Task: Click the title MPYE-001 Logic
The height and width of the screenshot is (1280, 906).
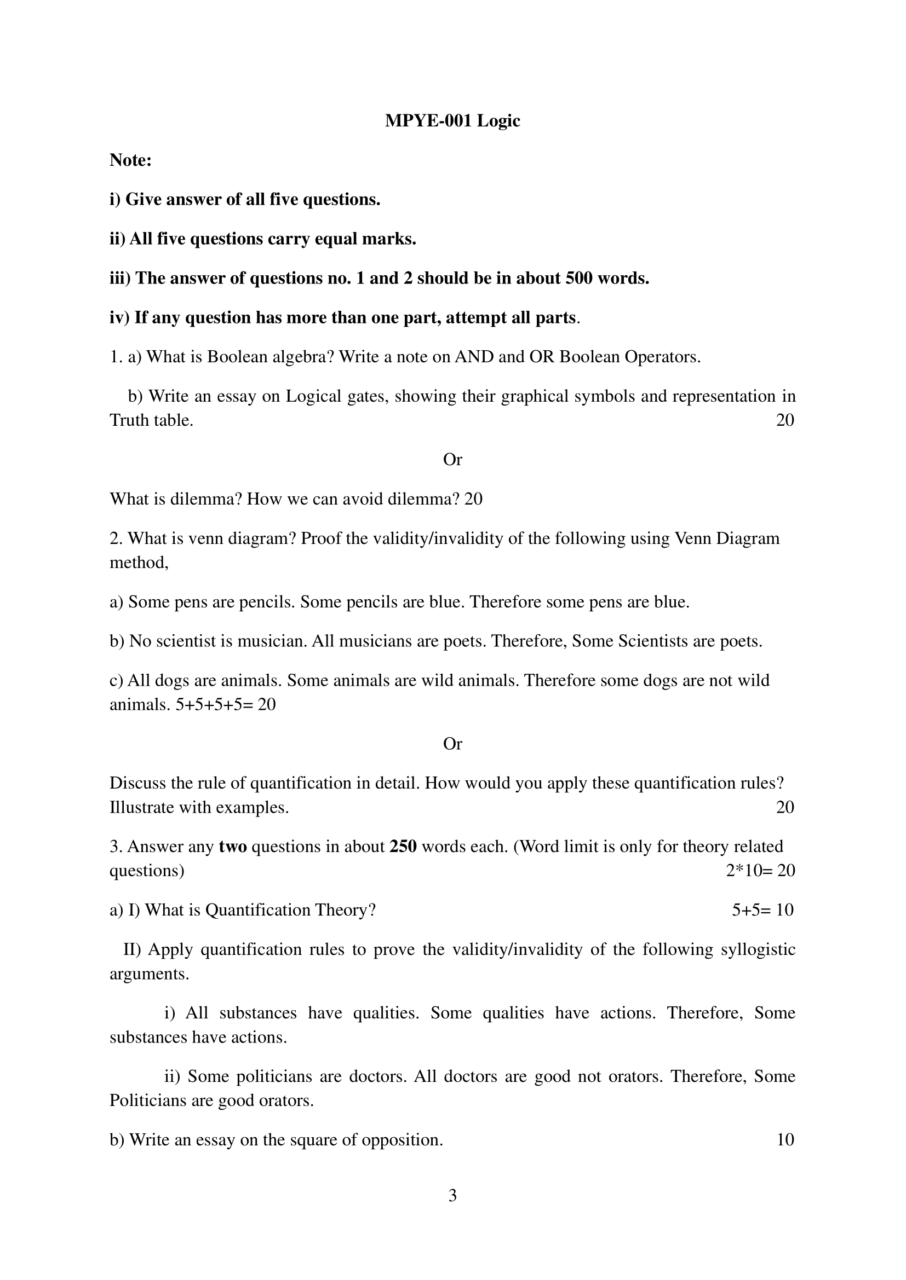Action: (452, 121)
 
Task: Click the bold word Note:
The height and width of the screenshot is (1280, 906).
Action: (130, 160)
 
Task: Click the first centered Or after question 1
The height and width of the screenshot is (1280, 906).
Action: (452, 460)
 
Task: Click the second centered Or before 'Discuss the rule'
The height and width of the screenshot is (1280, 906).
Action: (452, 744)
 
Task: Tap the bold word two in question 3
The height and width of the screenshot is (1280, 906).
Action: (233, 847)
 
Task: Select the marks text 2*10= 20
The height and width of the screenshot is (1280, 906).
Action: (760, 871)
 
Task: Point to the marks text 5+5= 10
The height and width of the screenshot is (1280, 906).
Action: (762, 911)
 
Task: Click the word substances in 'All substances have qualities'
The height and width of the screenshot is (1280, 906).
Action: (258, 1013)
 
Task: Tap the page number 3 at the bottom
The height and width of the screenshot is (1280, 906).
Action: (452, 1196)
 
